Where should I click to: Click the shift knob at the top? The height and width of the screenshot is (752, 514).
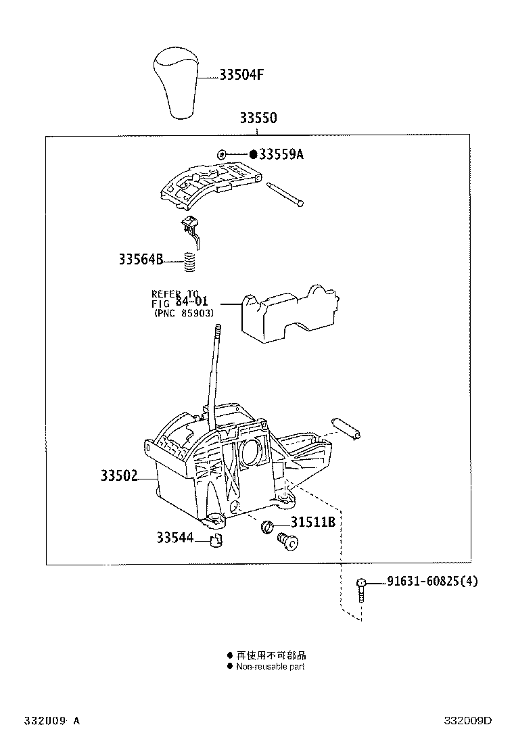point(174,83)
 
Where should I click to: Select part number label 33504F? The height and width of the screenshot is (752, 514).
point(241,75)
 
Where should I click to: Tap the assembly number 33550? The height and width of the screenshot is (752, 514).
point(258,118)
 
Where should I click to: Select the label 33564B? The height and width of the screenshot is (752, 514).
point(141,258)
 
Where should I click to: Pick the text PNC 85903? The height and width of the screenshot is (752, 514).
point(184,314)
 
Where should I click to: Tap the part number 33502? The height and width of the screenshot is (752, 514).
point(119,477)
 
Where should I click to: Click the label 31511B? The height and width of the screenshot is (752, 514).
point(313,523)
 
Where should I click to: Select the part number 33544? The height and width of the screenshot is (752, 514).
point(174,538)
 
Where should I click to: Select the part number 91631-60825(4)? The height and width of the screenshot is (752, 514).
point(431,581)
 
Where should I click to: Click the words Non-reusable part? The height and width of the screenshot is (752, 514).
point(270,666)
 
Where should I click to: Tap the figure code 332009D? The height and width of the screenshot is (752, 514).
point(467,721)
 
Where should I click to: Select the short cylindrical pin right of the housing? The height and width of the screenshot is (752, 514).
point(349,428)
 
